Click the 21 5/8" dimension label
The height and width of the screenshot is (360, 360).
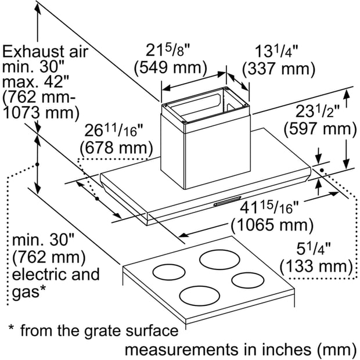tap(168, 51)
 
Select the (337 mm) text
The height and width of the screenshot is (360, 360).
tap(279, 69)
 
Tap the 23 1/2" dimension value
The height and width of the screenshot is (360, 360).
tap(318, 111)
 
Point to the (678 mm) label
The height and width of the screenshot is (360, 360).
tap(116, 148)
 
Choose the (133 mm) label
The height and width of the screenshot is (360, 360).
tap(316, 267)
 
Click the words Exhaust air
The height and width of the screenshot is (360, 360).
tap(45, 52)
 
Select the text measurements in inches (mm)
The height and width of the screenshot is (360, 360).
tap(240, 350)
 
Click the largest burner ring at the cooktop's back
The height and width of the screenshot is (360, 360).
tap(219, 260)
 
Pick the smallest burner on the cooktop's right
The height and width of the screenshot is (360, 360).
tap(248, 280)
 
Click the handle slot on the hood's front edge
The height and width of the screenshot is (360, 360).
tap(227, 201)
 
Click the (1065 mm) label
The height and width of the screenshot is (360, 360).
tap(272, 224)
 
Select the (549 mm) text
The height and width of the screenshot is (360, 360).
tap(170, 68)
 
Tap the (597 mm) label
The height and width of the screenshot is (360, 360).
tap(321, 129)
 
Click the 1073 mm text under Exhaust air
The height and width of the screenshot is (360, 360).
tap(41, 113)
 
